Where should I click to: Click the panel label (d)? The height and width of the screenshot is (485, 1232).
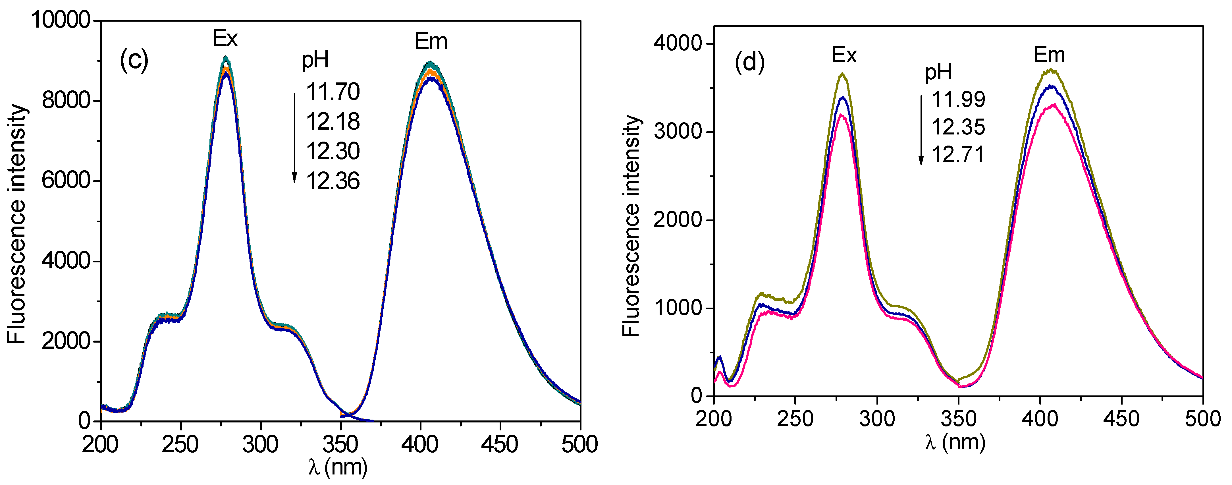(749, 62)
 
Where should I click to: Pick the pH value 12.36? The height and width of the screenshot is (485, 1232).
(333, 181)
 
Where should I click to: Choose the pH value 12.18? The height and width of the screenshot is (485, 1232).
(333, 121)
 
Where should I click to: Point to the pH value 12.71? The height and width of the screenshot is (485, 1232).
(958, 154)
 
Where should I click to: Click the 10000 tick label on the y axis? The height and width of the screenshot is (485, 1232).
(60, 20)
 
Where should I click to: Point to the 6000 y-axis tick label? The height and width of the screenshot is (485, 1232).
(66, 181)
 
